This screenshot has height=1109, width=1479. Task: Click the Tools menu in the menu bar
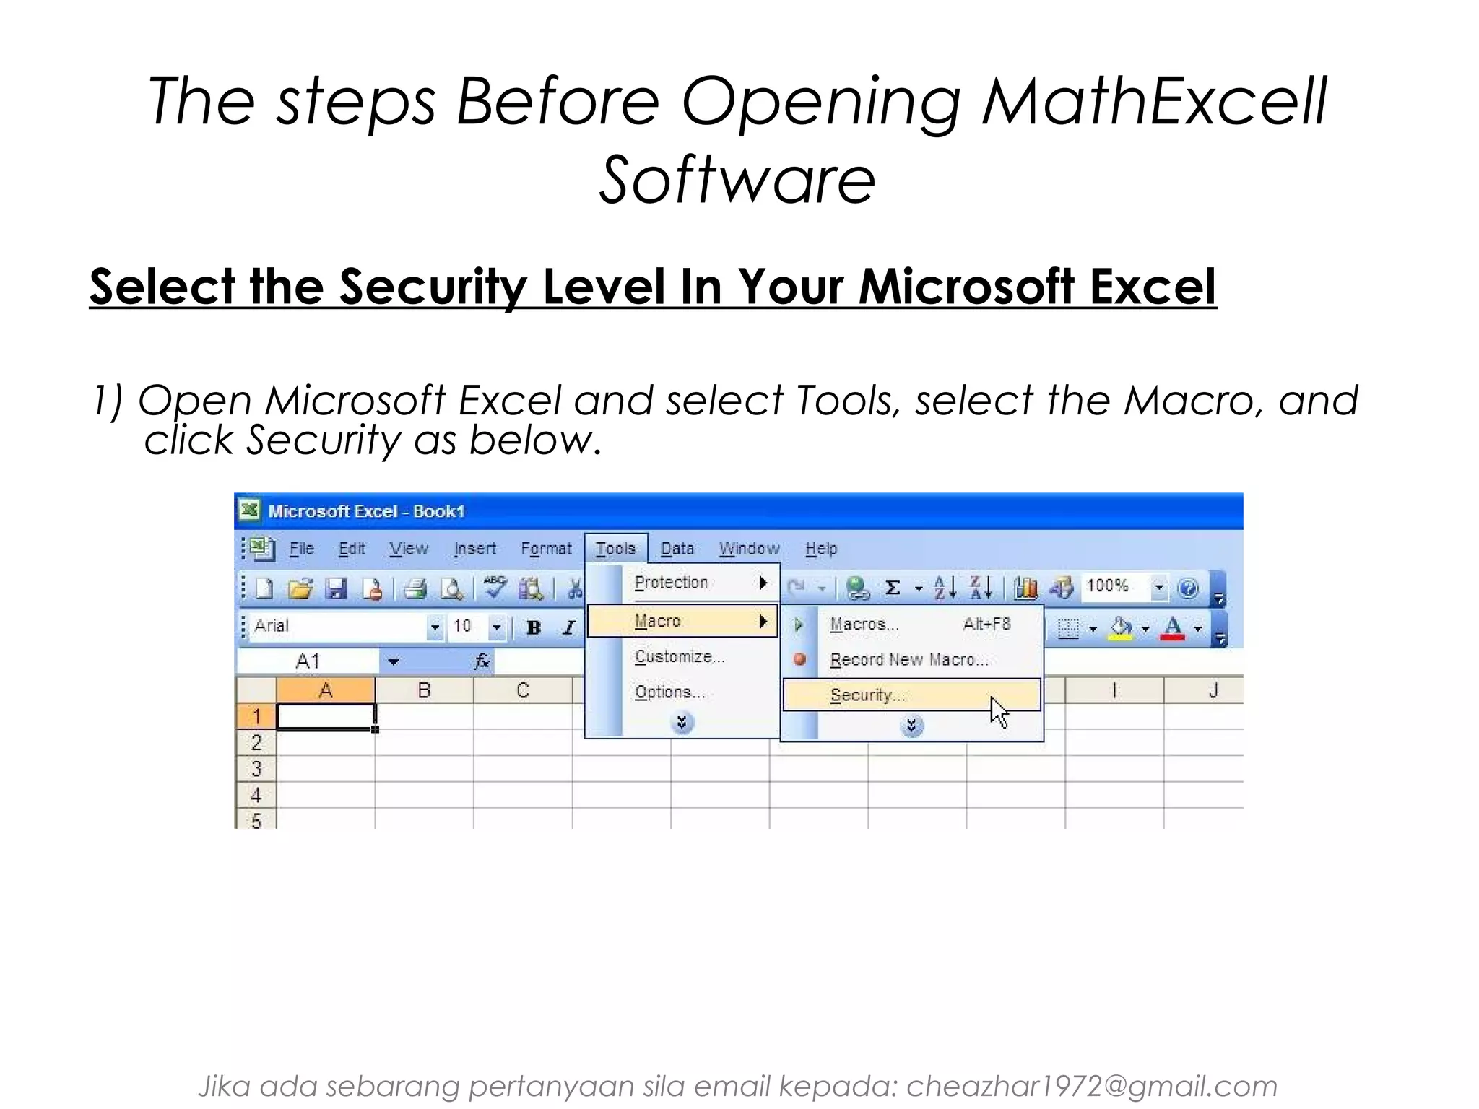click(x=615, y=549)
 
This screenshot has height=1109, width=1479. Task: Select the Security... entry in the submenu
click(x=867, y=695)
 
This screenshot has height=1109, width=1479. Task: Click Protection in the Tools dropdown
click(x=671, y=583)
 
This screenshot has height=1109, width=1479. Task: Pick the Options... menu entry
click(x=669, y=692)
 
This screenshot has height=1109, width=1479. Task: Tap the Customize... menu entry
click(x=680, y=656)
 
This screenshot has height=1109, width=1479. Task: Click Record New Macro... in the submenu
click(x=908, y=659)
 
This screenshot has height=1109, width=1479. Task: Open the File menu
click(x=301, y=549)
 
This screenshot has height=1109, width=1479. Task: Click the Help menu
click(x=821, y=549)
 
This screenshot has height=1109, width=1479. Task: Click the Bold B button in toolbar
click(x=534, y=627)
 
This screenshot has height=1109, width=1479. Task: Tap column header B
click(x=424, y=690)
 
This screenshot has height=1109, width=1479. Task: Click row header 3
click(x=256, y=769)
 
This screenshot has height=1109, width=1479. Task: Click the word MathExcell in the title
click(x=1154, y=101)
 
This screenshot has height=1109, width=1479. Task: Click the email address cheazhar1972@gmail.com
click(x=1091, y=1086)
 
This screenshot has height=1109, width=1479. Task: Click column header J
click(x=1213, y=690)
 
